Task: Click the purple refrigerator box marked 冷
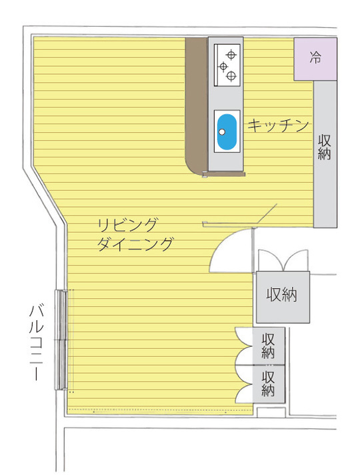(x=315, y=59)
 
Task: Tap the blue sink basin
(x=227, y=131)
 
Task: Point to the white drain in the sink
(x=222, y=132)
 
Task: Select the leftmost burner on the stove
(x=223, y=66)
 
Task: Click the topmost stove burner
(x=231, y=55)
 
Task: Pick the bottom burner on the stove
(x=231, y=76)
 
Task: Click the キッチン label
(x=278, y=125)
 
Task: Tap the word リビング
(x=127, y=225)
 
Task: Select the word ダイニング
(x=135, y=244)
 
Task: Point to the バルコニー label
(x=37, y=343)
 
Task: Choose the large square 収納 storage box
(x=283, y=297)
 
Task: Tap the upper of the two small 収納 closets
(x=269, y=346)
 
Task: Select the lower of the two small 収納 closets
(x=269, y=384)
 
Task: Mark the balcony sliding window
(x=61, y=340)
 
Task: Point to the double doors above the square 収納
(x=283, y=260)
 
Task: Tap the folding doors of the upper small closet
(x=244, y=346)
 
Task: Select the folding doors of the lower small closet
(x=244, y=384)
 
